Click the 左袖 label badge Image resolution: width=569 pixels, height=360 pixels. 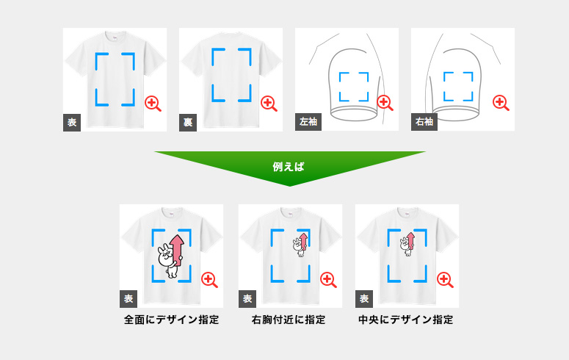pyautogui.click(x=308, y=122)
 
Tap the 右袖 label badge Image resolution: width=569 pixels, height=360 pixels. pyautogui.click(x=424, y=122)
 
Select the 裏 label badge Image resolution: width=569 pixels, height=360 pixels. pyautogui.click(x=188, y=123)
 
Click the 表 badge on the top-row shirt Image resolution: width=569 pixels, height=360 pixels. pyautogui.click(x=72, y=123)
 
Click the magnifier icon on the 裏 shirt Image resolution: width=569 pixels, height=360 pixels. pyautogui.click(x=269, y=104)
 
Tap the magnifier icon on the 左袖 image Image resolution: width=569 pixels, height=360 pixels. pyautogui.click(x=385, y=103)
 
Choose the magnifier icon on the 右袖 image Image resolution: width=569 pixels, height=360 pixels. pyautogui.click(x=501, y=103)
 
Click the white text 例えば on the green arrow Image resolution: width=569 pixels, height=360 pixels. pyautogui.click(x=288, y=167)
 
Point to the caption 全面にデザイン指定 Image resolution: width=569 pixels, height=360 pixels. pyautogui.click(x=172, y=320)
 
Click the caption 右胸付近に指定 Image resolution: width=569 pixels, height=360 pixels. pyautogui.click(x=289, y=320)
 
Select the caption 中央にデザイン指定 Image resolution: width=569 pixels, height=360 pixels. pyautogui.click(x=406, y=320)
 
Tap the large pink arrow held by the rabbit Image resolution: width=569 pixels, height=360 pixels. pyautogui.click(x=177, y=250)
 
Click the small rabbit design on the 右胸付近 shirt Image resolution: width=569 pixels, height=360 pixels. pyautogui.click(x=300, y=245)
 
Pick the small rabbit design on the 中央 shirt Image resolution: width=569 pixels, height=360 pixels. pyautogui.click(x=407, y=244)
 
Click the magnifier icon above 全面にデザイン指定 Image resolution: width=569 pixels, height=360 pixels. pyautogui.click(x=209, y=280)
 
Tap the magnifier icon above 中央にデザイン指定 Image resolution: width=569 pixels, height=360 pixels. pyautogui.click(x=445, y=280)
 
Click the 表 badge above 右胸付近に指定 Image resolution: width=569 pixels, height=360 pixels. pyautogui.click(x=247, y=299)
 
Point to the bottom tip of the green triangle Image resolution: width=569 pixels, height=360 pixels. pyautogui.click(x=289, y=186)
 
